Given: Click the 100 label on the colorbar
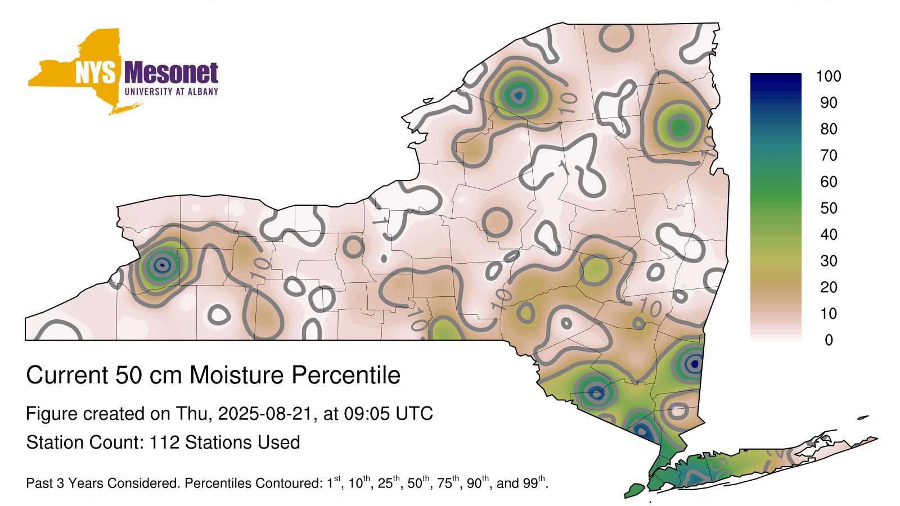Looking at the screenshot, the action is pos(829,76).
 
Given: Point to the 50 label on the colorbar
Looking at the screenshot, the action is pos(829,208).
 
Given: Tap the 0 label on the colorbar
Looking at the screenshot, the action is pos(829,340).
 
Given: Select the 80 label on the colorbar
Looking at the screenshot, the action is pos(829,129).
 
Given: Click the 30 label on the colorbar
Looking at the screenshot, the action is pos(829,261).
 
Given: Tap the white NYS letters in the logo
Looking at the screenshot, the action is pos(95,73).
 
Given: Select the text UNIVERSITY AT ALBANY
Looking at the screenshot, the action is pos(172,92).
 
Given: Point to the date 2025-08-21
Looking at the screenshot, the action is pos(265,414).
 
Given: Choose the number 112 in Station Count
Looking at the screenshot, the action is pos(164,442).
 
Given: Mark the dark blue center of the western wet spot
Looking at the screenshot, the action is pos(162,265).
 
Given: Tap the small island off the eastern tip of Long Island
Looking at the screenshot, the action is pos(863,418).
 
